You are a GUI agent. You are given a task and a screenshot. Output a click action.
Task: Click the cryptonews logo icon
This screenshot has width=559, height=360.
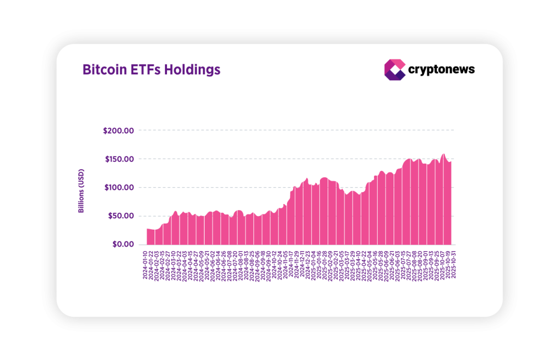pyautogui.click(x=395, y=70)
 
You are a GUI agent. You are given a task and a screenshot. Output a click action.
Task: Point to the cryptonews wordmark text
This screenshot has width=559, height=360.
pyautogui.click(x=442, y=70)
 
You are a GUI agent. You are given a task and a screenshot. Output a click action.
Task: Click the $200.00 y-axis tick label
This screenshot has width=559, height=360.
pyautogui.click(x=118, y=130)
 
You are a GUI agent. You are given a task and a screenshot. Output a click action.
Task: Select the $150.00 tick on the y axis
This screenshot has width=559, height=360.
pyautogui.click(x=118, y=159)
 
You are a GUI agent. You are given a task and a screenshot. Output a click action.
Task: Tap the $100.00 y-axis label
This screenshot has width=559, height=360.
pyautogui.click(x=118, y=188)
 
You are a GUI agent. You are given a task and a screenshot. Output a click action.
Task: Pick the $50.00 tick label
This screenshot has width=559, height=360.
pyautogui.click(x=120, y=216)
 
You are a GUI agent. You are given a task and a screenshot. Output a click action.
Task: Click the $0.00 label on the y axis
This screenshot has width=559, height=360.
pyautogui.click(x=122, y=244)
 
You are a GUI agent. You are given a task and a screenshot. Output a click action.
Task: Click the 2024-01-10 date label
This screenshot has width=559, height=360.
pyautogui.click(x=145, y=265)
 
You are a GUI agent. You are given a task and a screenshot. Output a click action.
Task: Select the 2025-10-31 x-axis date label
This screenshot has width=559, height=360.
pyautogui.click(x=453, y=265)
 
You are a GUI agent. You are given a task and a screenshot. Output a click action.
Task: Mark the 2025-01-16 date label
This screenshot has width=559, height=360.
pyautogui.click(x=320, y=265)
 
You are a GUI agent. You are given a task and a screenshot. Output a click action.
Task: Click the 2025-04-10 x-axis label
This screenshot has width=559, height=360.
pyautogui.click(x=360, y=265)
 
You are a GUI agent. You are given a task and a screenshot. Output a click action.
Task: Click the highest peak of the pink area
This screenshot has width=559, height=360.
pyautogui.click(x=443, y=155)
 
